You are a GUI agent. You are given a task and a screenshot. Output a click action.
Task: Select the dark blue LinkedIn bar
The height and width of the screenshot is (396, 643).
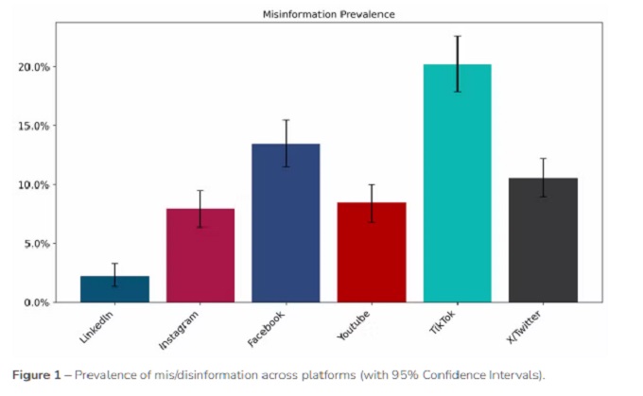[x=114, y=289]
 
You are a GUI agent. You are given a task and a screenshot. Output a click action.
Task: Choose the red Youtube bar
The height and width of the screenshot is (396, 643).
[x=372, y=252]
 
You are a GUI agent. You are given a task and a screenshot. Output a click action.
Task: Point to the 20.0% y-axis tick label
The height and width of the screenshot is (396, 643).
[x=35, y=67]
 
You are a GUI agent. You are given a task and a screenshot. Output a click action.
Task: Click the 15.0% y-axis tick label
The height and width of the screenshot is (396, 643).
[x=35, y=126]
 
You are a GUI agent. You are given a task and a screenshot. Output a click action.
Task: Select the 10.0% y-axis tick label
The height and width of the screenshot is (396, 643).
[x=35, y=184]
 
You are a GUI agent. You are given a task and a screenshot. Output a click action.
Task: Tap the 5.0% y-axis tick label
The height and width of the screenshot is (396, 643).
[x=37, y=244]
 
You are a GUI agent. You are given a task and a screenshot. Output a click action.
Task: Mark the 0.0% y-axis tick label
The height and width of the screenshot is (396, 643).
[x=37, y=302]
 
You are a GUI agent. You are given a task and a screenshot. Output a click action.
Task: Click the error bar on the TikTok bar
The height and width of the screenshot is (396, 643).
[x=457, y=63]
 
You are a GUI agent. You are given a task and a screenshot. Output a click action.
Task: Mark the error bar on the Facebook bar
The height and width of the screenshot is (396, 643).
[x=286, y=143]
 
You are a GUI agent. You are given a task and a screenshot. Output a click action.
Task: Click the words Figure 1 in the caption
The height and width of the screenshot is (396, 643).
[x=39, y=373]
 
